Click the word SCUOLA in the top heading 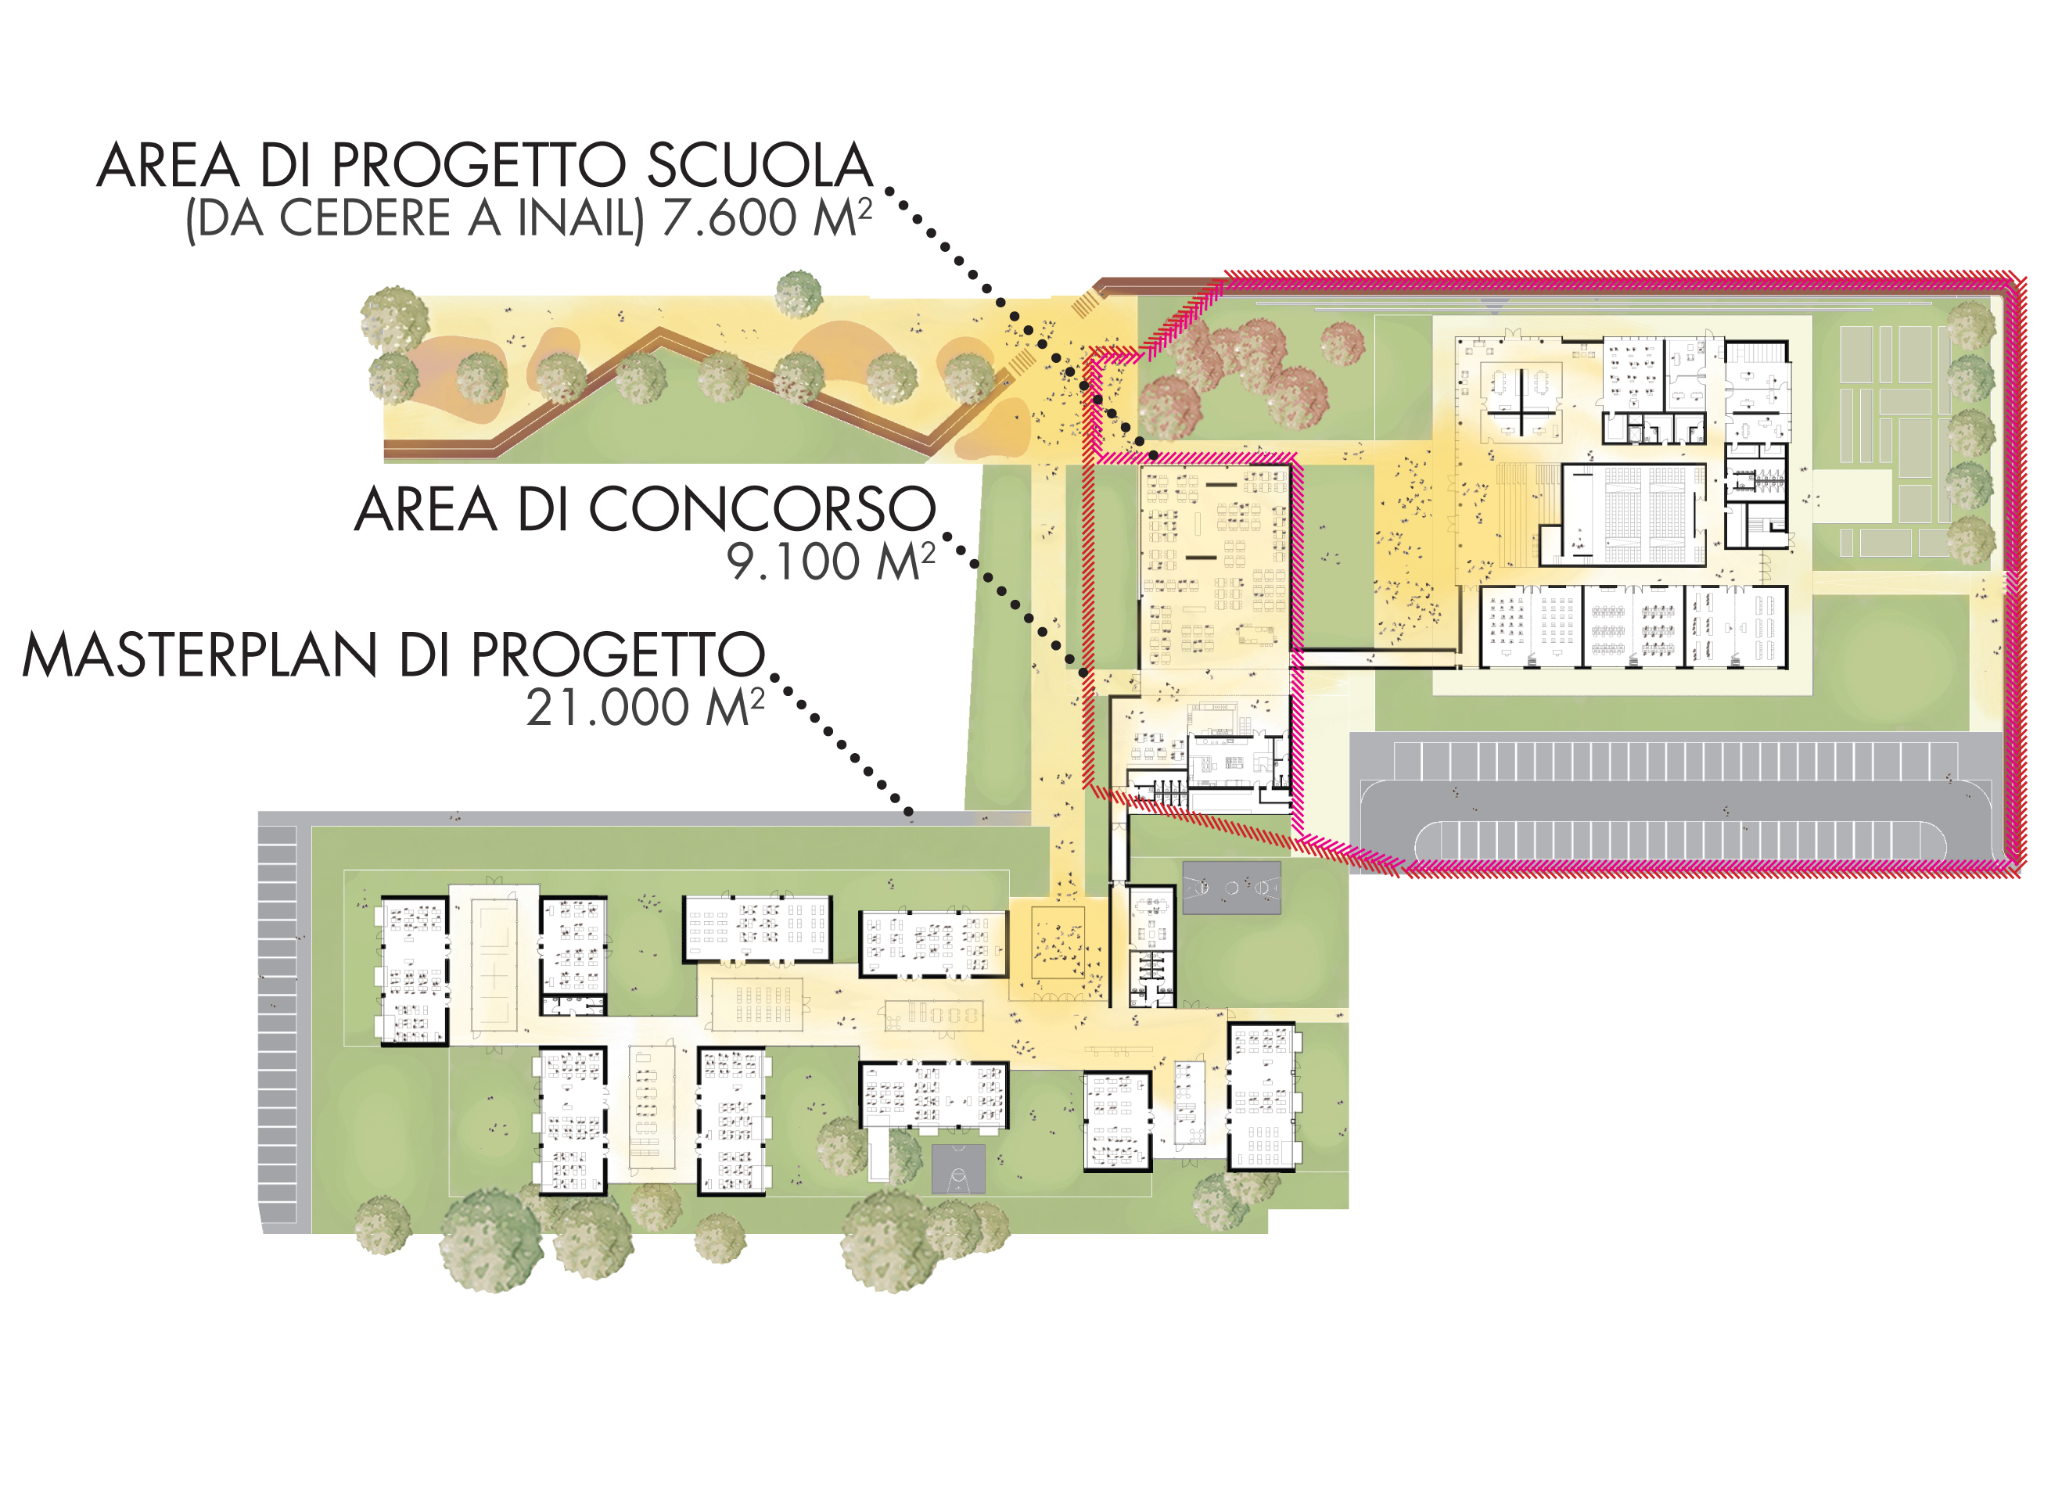click(x=760, y=166)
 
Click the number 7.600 click(x=730, y=219)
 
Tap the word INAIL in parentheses click(x=580, y=219)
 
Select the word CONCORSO click(x=763, y=510)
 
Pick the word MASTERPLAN click(x=199, y=655)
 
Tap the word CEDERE click(x=365, y=219)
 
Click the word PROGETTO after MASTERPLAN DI click(x=618, y=655)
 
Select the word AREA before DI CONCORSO click(x=426, y=510)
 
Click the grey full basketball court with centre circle click(x=1231, y=887)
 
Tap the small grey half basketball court click(x=958, y=1169)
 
